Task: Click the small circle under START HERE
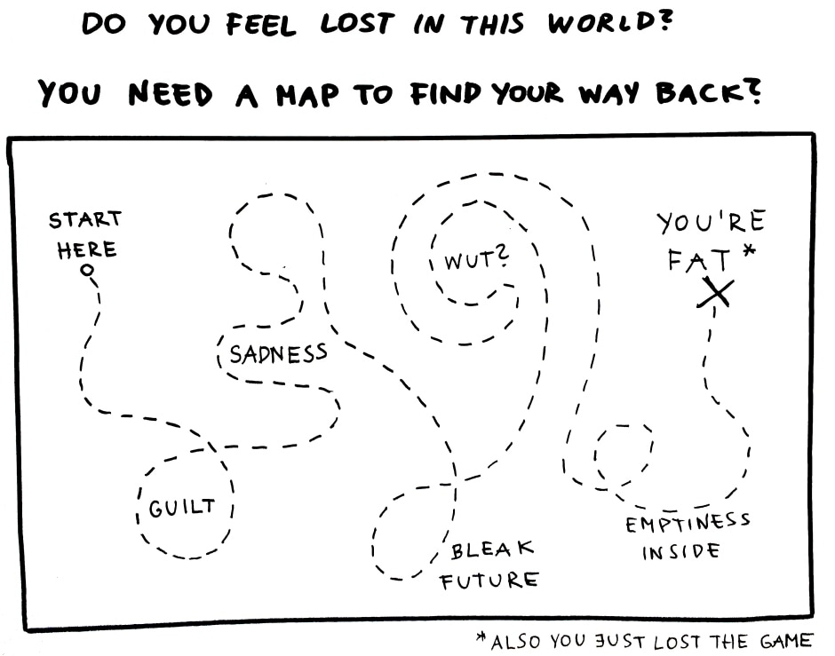[87, 270]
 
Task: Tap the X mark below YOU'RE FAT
[716, 292]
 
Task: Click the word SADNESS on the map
[278, 353]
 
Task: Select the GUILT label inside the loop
[182, 509]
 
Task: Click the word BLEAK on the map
[493, 550]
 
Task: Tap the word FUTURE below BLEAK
[489, 581]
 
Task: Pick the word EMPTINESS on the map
[688, 523]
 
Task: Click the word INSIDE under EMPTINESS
[680, 552]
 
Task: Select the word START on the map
[85, 219]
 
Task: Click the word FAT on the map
[700, 261]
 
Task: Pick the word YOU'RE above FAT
[711, 222]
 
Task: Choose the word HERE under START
[87, 249]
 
